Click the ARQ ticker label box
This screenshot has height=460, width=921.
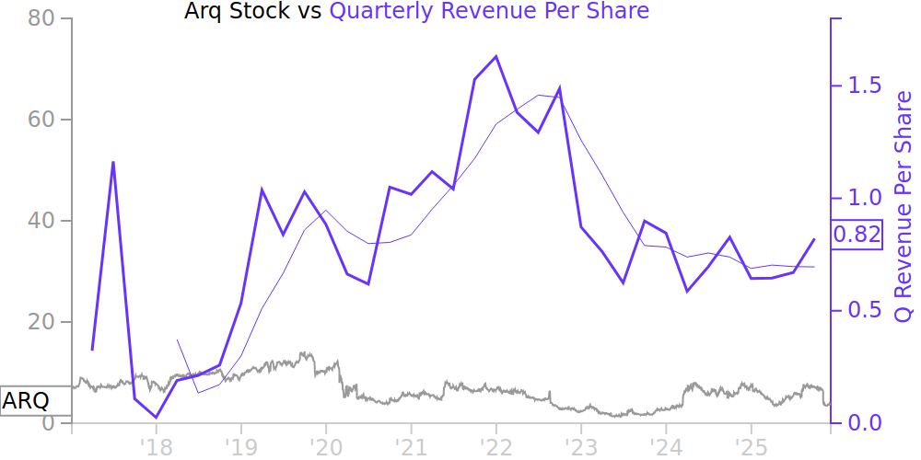coord(26,402)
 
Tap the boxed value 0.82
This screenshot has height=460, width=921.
coord(857,235)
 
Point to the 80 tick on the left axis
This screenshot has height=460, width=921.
coord(43,18)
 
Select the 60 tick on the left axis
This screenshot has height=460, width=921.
coord(43,120)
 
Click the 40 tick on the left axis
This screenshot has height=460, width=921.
coord(43,221)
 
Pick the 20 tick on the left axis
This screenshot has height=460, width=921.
coord(43,322)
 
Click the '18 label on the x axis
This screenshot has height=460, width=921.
coord(156,446)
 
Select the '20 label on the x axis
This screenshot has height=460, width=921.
coord(325,446)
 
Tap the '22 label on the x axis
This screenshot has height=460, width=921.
coord(495,446)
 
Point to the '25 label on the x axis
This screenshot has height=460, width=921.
coord(751,446)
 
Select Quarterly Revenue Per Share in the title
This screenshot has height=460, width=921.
coord(489,11)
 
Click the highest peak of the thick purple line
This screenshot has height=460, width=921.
coord(496,56)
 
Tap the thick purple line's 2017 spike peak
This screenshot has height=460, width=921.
coord(113,162)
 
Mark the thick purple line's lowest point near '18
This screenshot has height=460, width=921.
coord(156,418)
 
